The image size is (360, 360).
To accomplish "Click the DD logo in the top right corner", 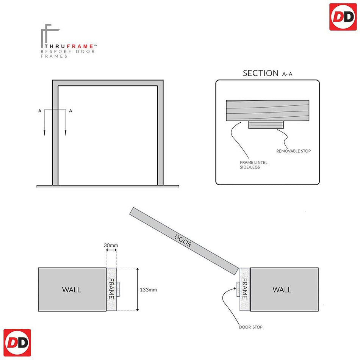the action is click(343, 17).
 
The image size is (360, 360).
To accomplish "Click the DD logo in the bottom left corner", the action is click(17, 343).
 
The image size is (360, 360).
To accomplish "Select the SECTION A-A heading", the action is click(268, 73).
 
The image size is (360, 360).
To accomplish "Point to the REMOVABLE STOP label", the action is click(293, 151).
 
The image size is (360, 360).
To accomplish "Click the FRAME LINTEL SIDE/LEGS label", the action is click(254, 165).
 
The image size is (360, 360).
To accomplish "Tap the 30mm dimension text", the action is click(111, 245).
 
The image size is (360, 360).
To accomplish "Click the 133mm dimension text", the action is click(148, 290).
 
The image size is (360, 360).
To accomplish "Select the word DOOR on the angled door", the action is click(183, 241).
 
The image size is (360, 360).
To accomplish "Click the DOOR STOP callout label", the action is click(251, 327).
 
